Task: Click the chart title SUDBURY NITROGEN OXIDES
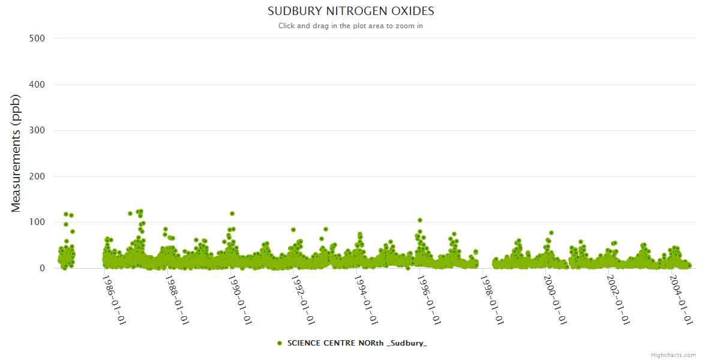[350, 11]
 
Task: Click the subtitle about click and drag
[350, 26]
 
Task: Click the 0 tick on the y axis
[42, 268]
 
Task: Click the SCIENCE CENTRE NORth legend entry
[356, 343]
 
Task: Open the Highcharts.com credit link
[673, 355]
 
